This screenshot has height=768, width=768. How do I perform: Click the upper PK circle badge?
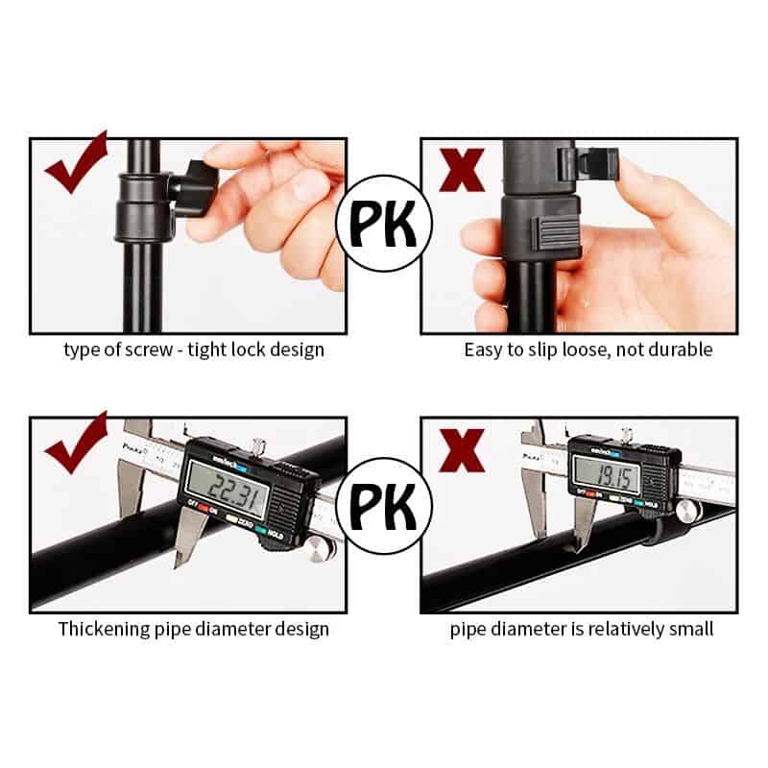(x=384, y=223)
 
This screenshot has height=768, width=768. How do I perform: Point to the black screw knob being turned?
(x=194, y=191)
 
